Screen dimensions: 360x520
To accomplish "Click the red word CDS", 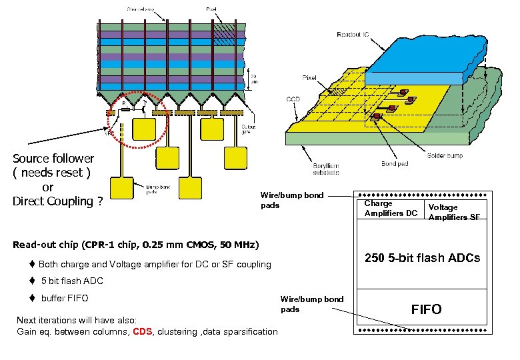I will (143, 331).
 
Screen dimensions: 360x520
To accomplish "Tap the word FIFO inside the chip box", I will (426, 309).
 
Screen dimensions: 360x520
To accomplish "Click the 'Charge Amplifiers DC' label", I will (391, 208).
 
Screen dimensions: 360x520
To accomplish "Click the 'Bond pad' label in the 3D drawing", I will (395, 163).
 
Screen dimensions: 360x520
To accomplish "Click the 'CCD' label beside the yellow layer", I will (294, 99).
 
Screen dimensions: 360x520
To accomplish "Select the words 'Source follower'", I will (54, 159).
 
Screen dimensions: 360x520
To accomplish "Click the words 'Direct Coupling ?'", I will (58, 201).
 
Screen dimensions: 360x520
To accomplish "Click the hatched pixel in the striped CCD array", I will (225, 31).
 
